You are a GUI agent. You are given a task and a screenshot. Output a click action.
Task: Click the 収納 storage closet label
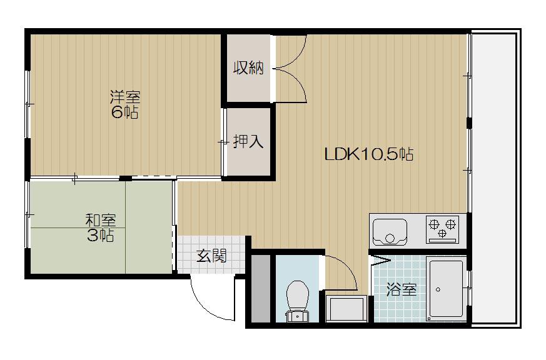pos(248,68)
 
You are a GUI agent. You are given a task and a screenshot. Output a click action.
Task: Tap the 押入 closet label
pos(248,142)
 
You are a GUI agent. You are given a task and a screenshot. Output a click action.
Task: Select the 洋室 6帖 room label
pos(125,104)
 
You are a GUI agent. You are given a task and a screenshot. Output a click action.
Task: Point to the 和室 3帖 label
pos(101,228)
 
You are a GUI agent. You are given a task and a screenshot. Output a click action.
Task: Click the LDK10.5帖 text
pos(369,154)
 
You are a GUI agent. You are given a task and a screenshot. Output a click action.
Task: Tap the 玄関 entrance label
pos(211,256)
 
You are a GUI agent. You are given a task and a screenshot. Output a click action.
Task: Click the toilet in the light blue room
pos(297,301)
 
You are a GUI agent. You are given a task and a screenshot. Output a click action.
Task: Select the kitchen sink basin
pos(390,232)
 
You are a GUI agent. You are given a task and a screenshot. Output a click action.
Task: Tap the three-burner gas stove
pos(442,229)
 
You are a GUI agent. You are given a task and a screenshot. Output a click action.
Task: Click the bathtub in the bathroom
pos(447,290)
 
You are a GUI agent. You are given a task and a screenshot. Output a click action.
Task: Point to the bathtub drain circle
pos(438,289)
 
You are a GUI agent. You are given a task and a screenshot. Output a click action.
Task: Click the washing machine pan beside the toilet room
pos(346,308)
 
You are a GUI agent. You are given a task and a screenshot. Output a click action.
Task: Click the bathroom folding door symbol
pos(382,261)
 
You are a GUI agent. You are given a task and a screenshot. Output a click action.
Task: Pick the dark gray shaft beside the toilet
pos(261,289)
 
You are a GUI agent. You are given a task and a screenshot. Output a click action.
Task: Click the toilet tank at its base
pos(297,316)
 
